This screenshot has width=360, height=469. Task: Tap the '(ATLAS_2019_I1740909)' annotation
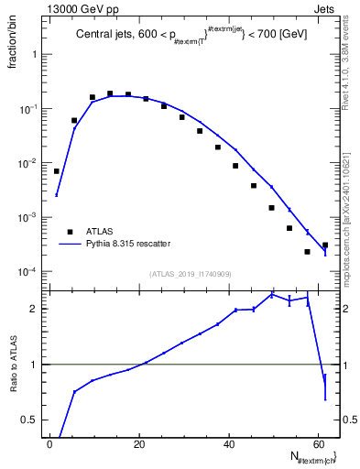click(191, 273)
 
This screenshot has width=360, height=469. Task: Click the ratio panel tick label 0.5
click(30, 420)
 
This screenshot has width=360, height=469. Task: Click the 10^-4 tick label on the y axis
click(27, 272)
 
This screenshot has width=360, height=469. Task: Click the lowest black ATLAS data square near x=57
click(307, 251)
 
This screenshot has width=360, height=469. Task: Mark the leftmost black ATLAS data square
click(56, 171)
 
